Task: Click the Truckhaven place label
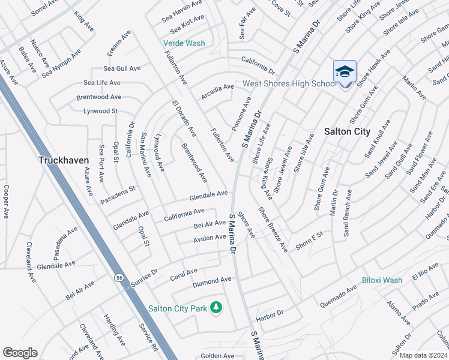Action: tap(64, 160)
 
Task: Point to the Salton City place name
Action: tap(347, 131)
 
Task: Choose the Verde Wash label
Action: tap(184, 43)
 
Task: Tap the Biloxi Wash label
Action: tap(382, 280)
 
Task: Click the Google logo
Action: tap(20, 352)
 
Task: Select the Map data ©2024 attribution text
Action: tap(423, 355)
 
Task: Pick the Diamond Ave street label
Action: tap(212, 280)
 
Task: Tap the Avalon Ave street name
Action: tap(209, 238)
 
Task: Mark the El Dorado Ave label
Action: tap(184, 118)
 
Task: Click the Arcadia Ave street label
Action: tap(218, 88)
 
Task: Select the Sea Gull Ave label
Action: tap(122, 69)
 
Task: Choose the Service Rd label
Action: tap(148, 339)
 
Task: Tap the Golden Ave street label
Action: tap(217, 356)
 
